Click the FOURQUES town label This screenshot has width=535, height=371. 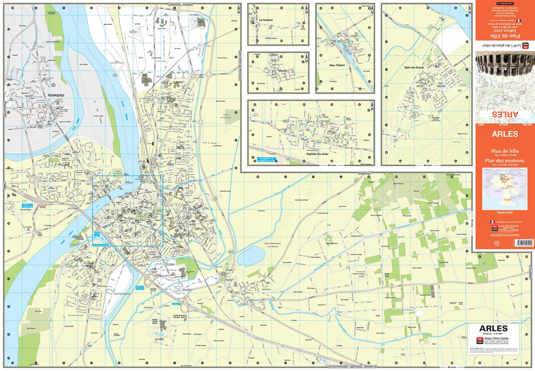pyautogui.click(x=56, y=95)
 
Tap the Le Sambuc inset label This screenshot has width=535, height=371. pyautogui.click(x=266, y=20)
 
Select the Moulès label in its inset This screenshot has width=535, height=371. pyautogui.click(x=282, y=71)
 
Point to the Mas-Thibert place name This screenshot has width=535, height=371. pyautogui.click(x=337, y=65)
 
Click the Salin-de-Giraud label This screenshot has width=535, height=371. pyautogui.click(x=414, y=67)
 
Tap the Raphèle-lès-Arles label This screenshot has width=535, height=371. pyautogui.click(x=317, y=154)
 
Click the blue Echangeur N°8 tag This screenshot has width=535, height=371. pyautogui.click(x=266, y=160)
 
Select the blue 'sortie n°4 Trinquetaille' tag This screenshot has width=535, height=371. pyautogui.click(x=27, y=206)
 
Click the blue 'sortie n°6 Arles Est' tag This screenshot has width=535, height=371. pyautogui.click(x=140, y=288)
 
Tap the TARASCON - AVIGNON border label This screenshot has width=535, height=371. pyautogui.click(x=180, y=4)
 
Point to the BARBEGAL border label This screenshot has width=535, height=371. pyautogui.click(x=365, y=173)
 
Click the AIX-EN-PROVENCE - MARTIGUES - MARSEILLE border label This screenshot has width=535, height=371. pyautogui.click(x=352, y=366)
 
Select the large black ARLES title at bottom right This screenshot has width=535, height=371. pyautogui.click(x=493, y=329)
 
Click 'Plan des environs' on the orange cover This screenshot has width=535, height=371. pyautogui.click(x=504, y=161)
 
